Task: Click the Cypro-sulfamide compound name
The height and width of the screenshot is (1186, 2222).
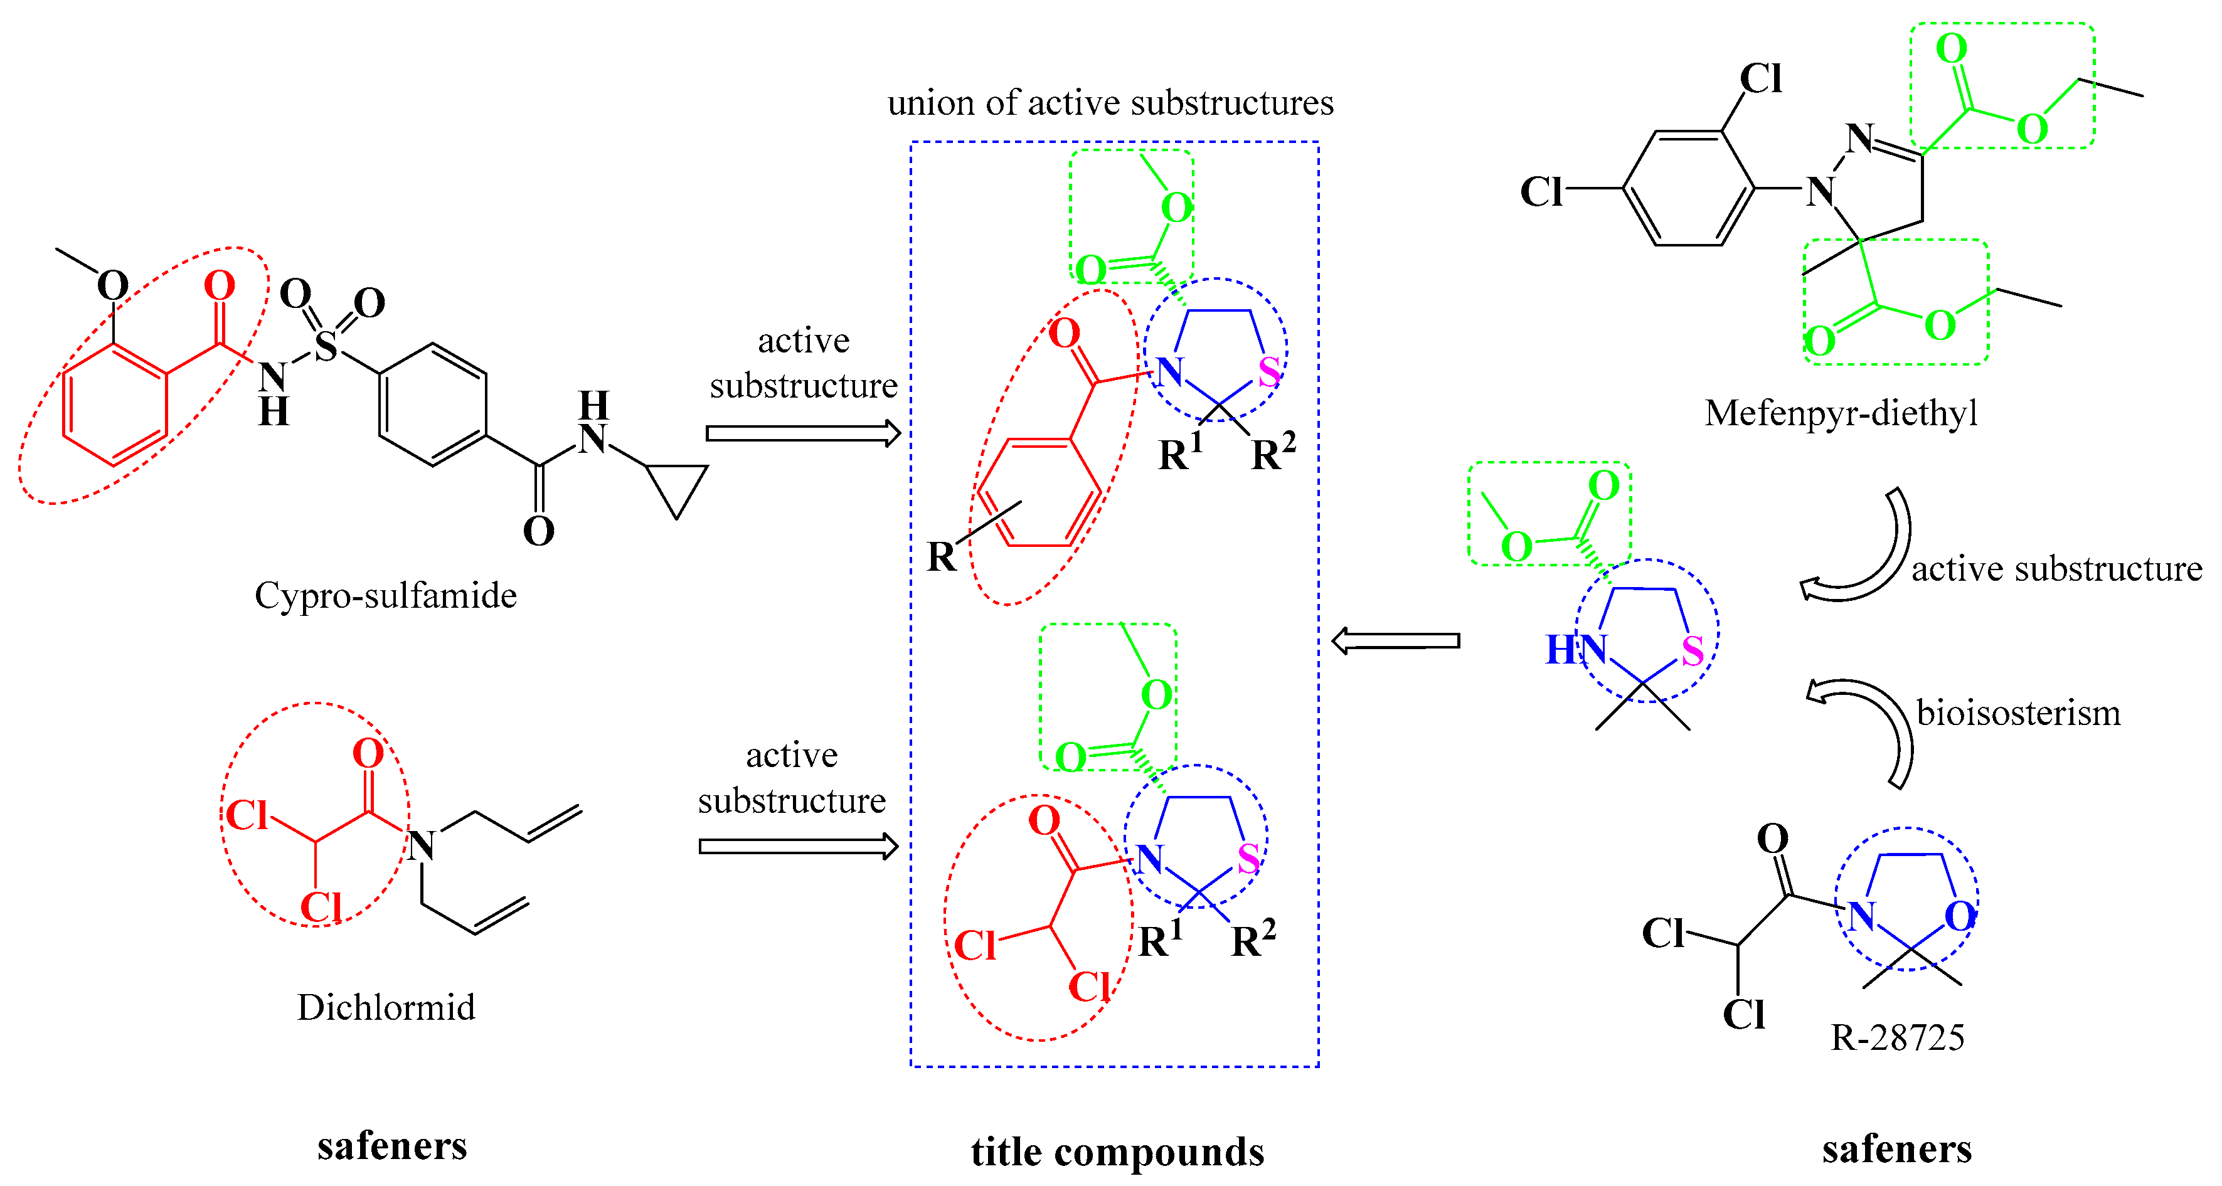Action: click(386, 596)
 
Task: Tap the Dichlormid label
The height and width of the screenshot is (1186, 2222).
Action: click(386, 1007)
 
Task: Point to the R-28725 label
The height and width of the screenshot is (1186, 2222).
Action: click(1898, 1037)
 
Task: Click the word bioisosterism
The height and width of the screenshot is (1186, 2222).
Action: click(2017, 713)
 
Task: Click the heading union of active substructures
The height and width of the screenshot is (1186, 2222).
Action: click(1110, 103)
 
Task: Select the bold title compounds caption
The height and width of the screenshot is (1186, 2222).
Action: click(1117, 1152)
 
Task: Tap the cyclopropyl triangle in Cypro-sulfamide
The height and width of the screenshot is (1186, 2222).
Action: click(677, 485)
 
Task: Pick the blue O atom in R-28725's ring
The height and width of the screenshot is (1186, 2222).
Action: click(1960, 916)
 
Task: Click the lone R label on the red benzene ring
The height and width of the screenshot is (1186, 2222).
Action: click(941, 556)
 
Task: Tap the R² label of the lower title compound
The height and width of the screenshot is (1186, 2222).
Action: click(1252, 940)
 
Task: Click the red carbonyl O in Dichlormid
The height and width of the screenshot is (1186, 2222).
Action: click(368, 753)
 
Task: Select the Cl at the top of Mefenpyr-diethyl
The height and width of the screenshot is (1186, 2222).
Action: click(1760, 78)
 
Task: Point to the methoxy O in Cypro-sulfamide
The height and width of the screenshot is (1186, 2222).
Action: click(113, 285)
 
